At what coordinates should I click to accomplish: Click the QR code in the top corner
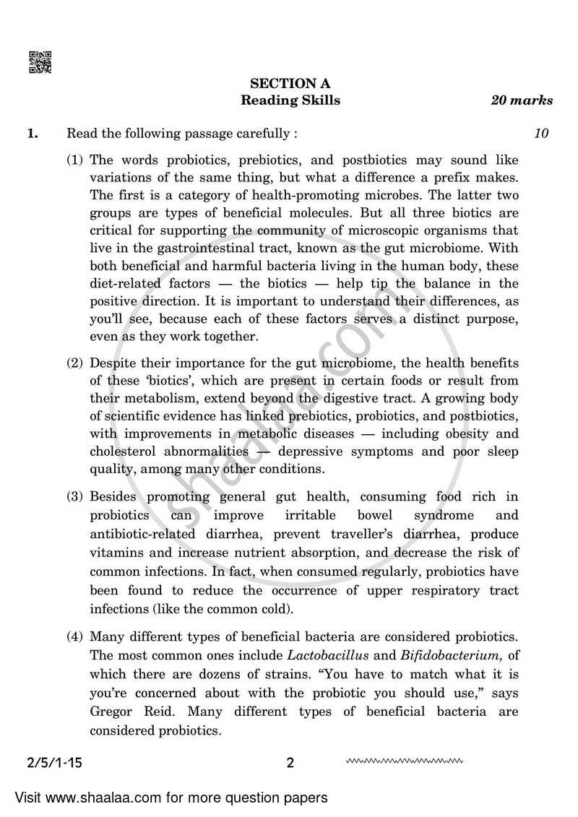[40, 62]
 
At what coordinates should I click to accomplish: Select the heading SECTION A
[290, 84]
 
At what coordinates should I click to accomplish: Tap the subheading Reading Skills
[290, 100]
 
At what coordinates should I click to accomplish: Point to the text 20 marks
[522, 100]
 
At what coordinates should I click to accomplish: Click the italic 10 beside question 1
[542, 133]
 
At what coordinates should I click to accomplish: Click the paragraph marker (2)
[75, 363]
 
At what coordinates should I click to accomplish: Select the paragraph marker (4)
[75, 636]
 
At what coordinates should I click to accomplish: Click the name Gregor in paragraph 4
[111, 711]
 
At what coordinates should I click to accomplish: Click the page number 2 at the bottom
[290, 763]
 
